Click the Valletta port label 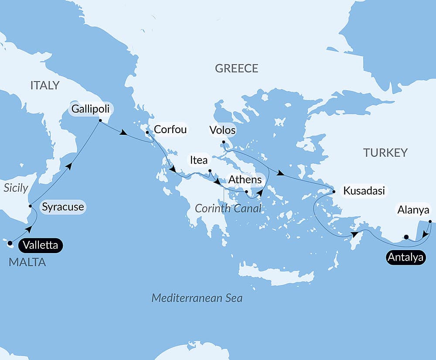41,245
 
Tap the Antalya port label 405,257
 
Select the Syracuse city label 63,207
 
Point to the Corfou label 170,130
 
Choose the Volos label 222,130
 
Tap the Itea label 198,160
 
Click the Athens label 245,179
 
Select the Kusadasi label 364,191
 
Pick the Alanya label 413,210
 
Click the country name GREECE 236,69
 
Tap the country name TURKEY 385,153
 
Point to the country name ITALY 45,86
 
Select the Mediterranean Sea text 197,298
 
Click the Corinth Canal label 228,209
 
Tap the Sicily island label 16,188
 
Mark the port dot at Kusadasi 334,192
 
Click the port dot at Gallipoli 100,120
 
